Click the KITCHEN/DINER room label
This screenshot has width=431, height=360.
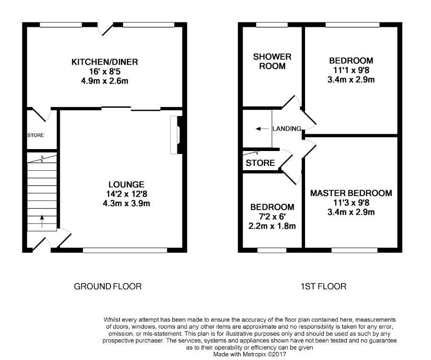pyautogui.click(x=105, y=62)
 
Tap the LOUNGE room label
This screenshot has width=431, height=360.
pyautogui.click(x=126, y=185)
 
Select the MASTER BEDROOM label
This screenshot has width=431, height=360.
pyautogui.click(x=351, y=193)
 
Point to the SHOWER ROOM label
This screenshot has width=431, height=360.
pyautogui.click(x=272, y=61)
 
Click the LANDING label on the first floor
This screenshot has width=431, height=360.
pyautogui.click(x=287, y=128)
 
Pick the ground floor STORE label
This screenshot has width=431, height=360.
pyautogui.click(x=35, y=135)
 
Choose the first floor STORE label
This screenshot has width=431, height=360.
pyautogui.click(x=260, y=163)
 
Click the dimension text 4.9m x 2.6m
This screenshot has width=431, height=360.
pyautogui.click(x=105, y=81)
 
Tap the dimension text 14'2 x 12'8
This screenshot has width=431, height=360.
pyautogui.click(x=126, y=194)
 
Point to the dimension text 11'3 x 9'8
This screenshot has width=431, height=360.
pyautogui.click(x=351, y=203)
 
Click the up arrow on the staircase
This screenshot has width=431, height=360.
pyautogui.click(x=42, y=221)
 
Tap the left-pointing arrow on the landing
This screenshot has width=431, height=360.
pyautogui.click(x=262, y=128)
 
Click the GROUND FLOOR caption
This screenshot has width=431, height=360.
pyautogui.click(x=108, y=287)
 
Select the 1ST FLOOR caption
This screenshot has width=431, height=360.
pyautogui.click(x=324, y=287)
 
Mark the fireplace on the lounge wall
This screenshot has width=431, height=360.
pyautogui.click(x=176, y=135)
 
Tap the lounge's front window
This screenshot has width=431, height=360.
pyautogui.click(x=125, y=250)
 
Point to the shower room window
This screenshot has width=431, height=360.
pyautogui.click(x=272, y=25)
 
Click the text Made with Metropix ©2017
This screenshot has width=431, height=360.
pyautogui.click(x=250, y=355)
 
